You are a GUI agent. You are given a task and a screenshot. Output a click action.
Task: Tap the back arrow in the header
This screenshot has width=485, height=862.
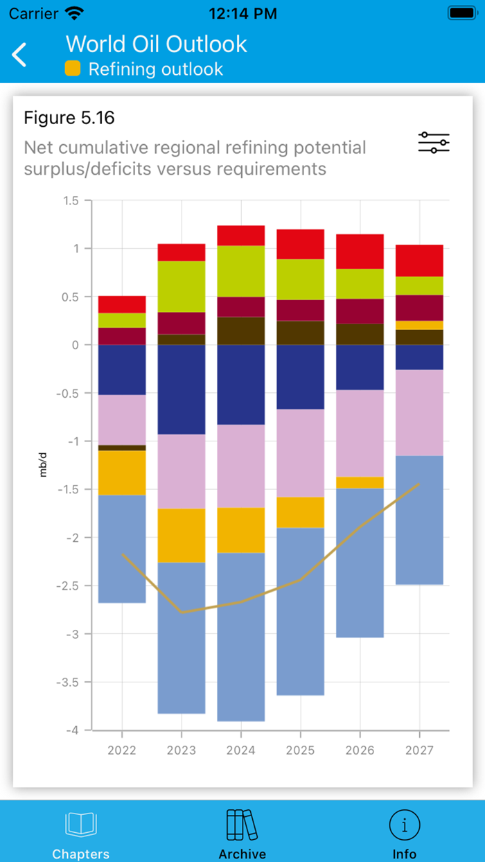pos(19,54)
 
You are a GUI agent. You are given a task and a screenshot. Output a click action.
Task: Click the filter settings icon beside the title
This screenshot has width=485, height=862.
pos(434,142)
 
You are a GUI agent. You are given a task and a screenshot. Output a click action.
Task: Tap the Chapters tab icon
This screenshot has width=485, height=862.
pos(81,825)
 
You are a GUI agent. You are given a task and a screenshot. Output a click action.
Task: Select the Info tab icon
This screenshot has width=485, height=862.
pos(404,825)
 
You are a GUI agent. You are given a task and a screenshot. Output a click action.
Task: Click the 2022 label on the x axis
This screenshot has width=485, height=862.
pos(122,750)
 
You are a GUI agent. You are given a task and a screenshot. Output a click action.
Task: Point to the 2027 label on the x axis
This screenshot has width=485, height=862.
pos(419,750)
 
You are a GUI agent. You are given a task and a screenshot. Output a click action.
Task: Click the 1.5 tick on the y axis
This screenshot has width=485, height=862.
pos(71,201)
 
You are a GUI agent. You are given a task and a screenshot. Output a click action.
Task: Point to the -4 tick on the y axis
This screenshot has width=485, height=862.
pos(73,730)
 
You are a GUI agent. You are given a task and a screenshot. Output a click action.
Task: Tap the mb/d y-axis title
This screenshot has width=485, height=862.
pos(43,465)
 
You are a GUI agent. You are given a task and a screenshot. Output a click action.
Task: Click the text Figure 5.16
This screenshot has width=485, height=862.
pos(69,118)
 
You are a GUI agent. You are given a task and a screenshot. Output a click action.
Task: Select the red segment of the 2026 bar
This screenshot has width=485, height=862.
pos(360,251)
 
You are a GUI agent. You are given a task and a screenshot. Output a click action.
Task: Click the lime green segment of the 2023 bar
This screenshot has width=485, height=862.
pos(182,286)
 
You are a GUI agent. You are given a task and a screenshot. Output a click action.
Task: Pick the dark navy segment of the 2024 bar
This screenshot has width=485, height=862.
pos(241,385)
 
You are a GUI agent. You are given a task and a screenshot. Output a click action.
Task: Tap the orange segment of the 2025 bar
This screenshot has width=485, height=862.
pos(301,512)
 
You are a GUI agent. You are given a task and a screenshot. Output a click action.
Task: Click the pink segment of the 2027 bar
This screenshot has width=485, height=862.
pos(419,412)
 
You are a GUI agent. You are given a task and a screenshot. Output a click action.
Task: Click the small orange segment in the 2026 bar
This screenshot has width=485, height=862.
pos(360,482)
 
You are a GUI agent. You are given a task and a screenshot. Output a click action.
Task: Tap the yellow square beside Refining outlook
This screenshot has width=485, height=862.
pos(73,69)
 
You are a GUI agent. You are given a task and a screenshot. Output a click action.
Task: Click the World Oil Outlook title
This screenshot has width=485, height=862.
pos(157,44)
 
